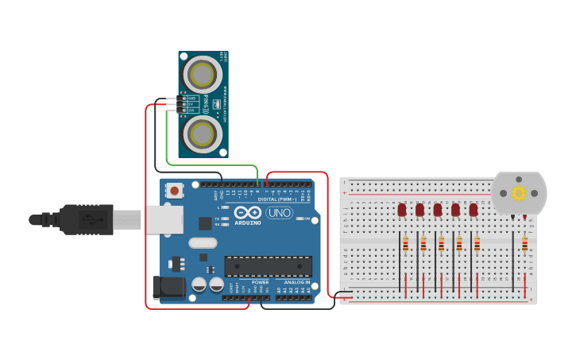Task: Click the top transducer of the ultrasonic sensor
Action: click(203, 76)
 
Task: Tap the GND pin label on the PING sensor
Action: click(191, 98)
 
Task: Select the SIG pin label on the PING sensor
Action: click(191, 110)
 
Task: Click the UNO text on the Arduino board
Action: click(279, 213)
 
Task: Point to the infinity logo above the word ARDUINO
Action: click(247, 212)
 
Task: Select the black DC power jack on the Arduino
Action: click(168, 288)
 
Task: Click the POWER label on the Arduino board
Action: click(260, 282)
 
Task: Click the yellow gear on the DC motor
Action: click(519, 193)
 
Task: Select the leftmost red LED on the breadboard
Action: click(402, 210)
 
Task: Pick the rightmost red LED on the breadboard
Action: click(474, 210)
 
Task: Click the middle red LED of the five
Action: click(438, 210)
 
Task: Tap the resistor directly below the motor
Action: click(524, 244)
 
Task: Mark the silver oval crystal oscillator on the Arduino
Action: click(203, 243)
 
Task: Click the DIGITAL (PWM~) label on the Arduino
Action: click(277, 199)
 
